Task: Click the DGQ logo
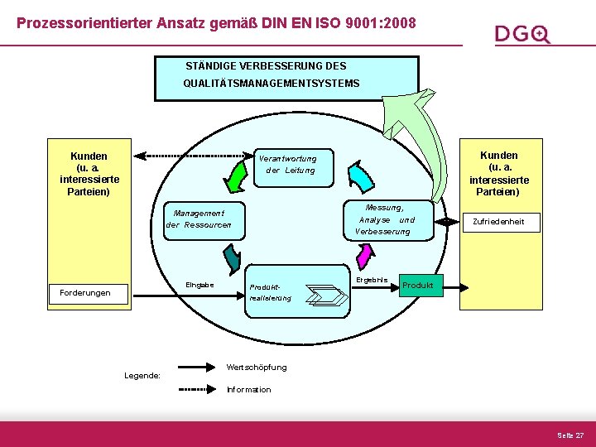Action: pyautogui.click(x=522, y=34)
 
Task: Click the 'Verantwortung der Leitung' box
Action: pyautogui.click(x=286, y=164)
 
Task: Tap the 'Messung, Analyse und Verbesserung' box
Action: pyautogui.click(x=384, y=219)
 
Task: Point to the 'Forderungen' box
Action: pyautogui.click(x=85, y=292)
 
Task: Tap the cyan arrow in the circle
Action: pyautogui.click(x=360, y=175)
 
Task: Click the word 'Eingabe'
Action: pyautogui.click(x=199, y=286)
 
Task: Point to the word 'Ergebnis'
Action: pyautogui.click(x=372, y=280)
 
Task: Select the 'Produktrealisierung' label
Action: pyautogui.click(x=270, y=293)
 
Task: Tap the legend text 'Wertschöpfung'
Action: pyautogui.click(x=257, y=367)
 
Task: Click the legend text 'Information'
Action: pyautogui.click(x=248, y=389)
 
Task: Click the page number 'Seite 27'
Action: pyautogui.click(x=570, y=435)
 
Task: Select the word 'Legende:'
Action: pyautogui.click(x=142, y=375)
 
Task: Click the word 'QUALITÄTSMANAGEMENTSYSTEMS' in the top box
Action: pyautogui.click(x=272, y=84)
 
